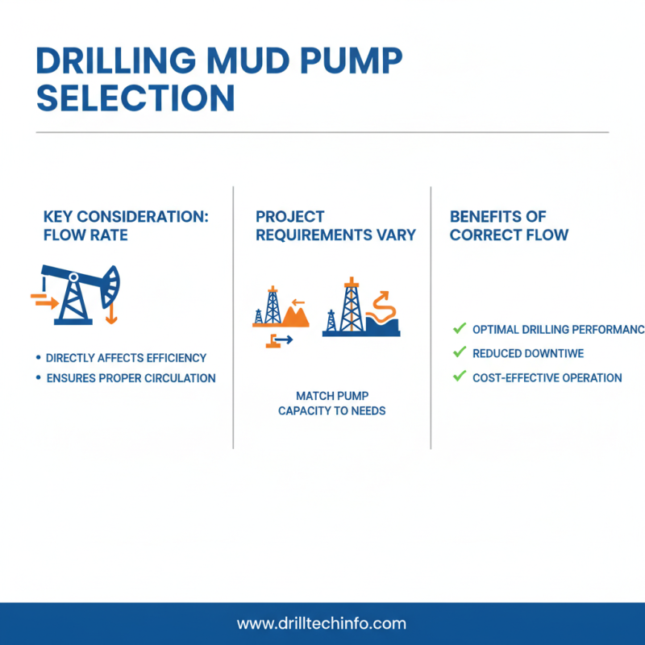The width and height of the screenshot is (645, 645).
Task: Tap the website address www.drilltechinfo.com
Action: tap(322, 623)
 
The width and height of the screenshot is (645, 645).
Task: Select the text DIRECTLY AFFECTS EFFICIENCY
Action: tap(126, 358)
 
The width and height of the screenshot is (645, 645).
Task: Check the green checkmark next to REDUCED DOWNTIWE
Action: tap(460, 352)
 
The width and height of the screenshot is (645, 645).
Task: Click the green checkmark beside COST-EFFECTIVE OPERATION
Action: tap(460, 376)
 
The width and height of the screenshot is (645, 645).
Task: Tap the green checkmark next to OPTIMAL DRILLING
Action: tap(460, 329)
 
